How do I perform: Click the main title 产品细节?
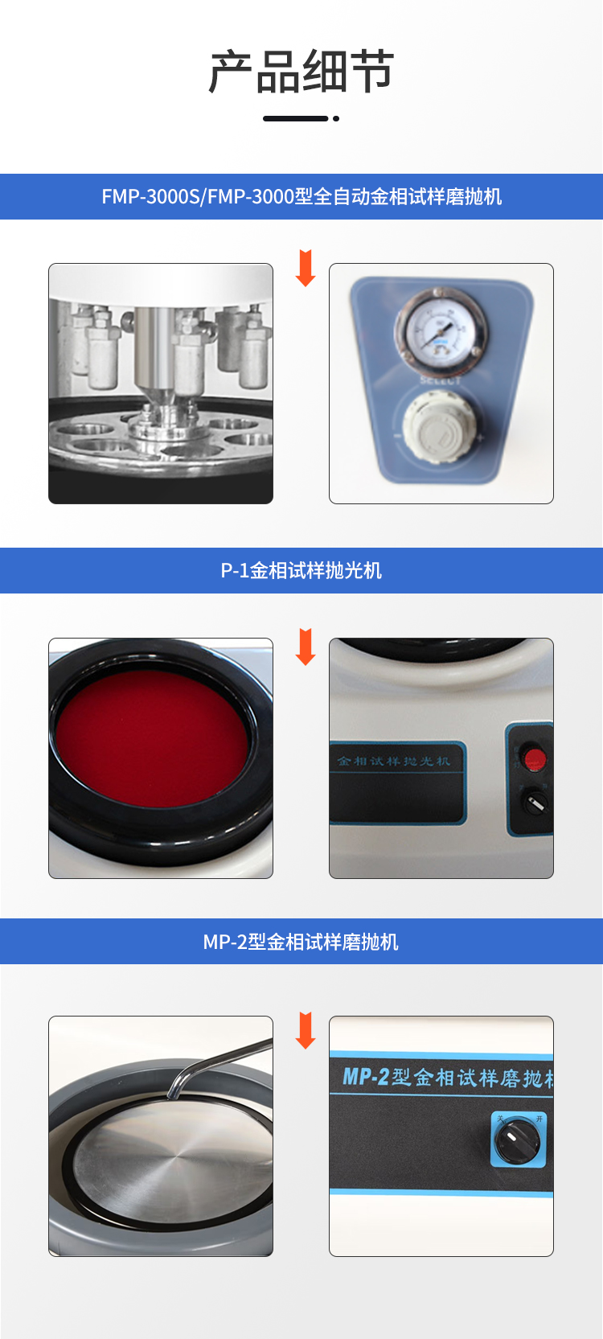point(301,72)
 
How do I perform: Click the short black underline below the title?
point(296,118)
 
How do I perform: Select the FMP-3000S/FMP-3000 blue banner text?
point(301,197)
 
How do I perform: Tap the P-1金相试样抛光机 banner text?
point(301,571)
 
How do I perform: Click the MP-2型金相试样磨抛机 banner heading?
point(301,942)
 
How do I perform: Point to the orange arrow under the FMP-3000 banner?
point(306,269)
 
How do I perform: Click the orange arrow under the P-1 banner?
point(306,647)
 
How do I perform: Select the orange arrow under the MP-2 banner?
point(306,1031)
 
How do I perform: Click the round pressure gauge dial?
point(440,331)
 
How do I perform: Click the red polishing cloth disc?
point(151,738)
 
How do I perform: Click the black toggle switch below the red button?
point(535,802)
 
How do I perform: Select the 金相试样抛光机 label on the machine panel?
point(393,761)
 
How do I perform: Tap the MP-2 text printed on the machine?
point(366,1076)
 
